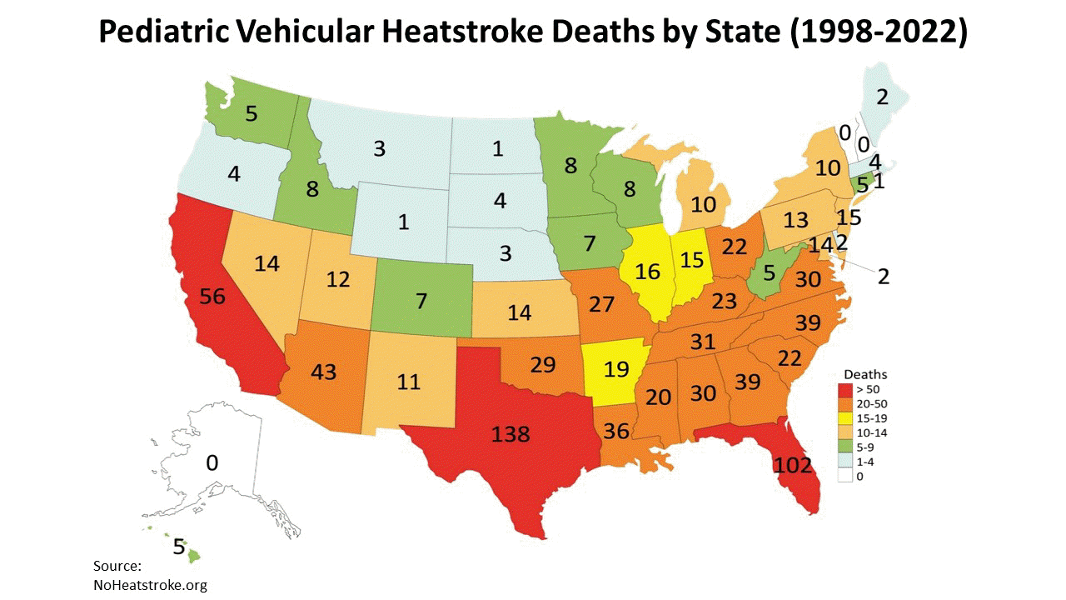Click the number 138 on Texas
[x=511, y=433]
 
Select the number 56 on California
[x=212, y=297]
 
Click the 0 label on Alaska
[x=212, y=462]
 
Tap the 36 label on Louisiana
[x=616, y=432]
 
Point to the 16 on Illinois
[x=647, y=272]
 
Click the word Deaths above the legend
[x=865, y=374]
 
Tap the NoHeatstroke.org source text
[x=150, y=584]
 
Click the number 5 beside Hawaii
[x=179, y=547]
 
